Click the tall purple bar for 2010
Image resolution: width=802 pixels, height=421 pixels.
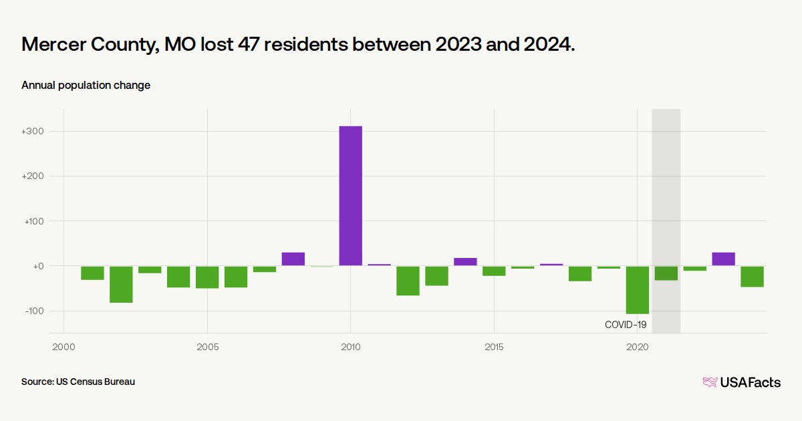pos(350,196)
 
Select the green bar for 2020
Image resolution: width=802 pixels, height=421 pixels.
pos(637,289)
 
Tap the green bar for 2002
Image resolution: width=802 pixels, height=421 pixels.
pos(121,284)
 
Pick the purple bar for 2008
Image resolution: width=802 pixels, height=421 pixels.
pos(293,259)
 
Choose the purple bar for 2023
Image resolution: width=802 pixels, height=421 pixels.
pos(723,259)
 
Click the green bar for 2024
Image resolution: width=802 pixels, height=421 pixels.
pos(752,276)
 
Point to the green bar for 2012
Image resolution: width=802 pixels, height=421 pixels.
pos(408,281)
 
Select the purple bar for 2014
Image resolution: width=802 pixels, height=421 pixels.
pos(465,262)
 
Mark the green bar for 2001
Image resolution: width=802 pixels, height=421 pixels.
pos(92,273)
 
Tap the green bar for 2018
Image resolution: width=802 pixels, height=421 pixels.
pos(579,273)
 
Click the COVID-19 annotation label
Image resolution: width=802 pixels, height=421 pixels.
pos(626,325)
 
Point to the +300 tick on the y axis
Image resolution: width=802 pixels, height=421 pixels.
pos(33,132)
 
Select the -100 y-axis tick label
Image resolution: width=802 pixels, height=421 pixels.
pos(33,311)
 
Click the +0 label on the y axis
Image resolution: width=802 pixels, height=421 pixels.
pos(37,266)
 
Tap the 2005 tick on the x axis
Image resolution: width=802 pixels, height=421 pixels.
pos(207,347)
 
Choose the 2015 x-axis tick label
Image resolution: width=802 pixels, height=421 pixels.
pos(494,347)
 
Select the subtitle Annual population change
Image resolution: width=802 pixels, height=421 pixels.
pos(86,85)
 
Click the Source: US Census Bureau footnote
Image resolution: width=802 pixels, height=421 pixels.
pos(78,382)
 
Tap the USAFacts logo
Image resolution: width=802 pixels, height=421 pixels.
pos(741,382)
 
